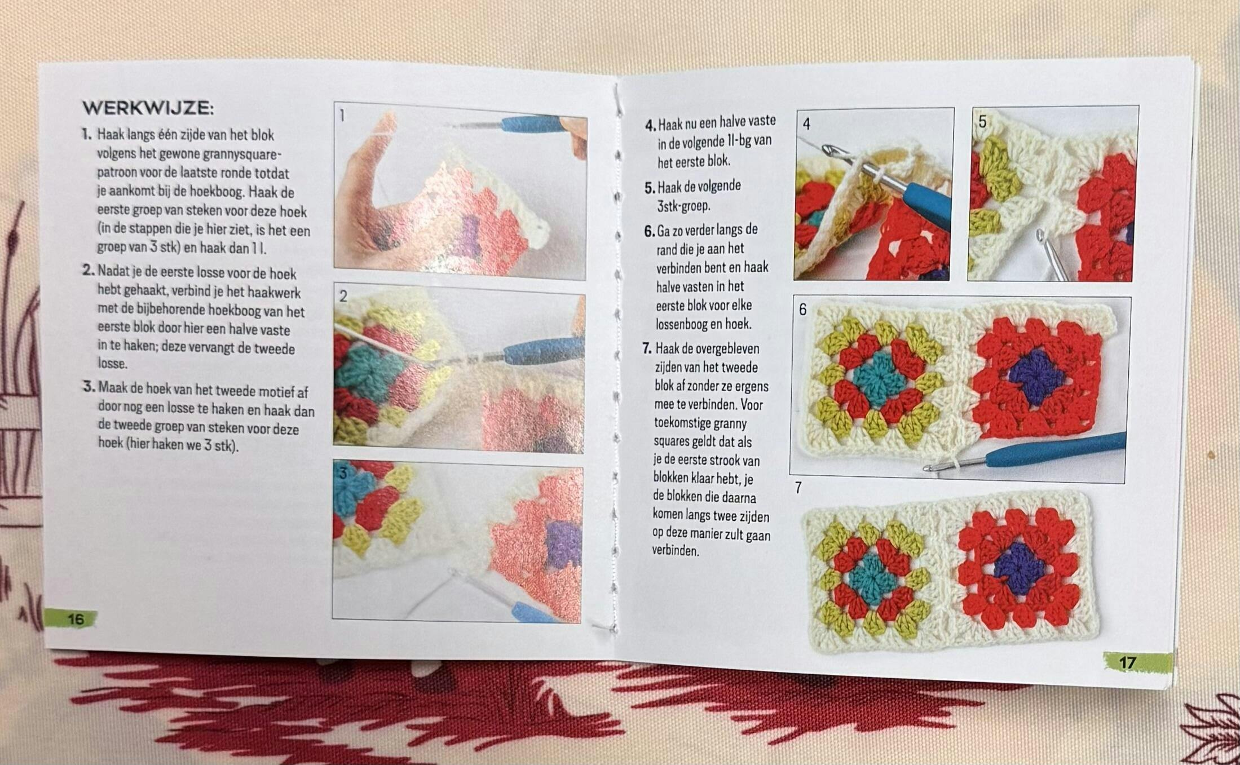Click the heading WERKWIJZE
148,108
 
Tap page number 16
76,619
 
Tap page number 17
1127,662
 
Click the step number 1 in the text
86,134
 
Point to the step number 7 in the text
647,348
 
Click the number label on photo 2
343,297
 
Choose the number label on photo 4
806,124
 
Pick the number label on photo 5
982,122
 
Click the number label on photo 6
802,309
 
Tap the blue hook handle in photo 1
533,124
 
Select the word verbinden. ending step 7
676,551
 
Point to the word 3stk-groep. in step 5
683,206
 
